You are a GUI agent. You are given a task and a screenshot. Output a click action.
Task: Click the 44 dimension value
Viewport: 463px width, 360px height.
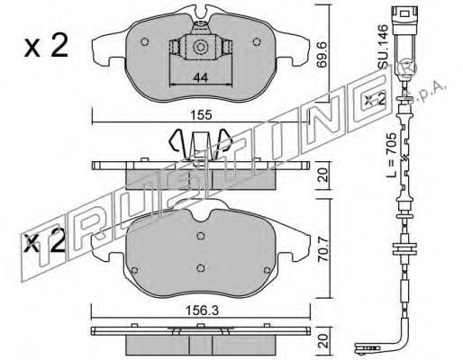coord(200,78)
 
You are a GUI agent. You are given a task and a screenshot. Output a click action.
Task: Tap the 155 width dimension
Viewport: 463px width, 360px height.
coord(202,115)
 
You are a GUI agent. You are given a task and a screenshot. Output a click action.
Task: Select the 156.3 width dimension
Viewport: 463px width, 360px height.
coord(202,310)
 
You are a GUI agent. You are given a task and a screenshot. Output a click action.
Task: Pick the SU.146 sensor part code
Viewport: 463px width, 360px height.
coord(383,46)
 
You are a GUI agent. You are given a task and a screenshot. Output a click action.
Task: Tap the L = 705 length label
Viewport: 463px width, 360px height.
coord(392,155)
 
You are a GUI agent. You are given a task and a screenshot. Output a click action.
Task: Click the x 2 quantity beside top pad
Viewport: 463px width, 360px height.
coord(47,48)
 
